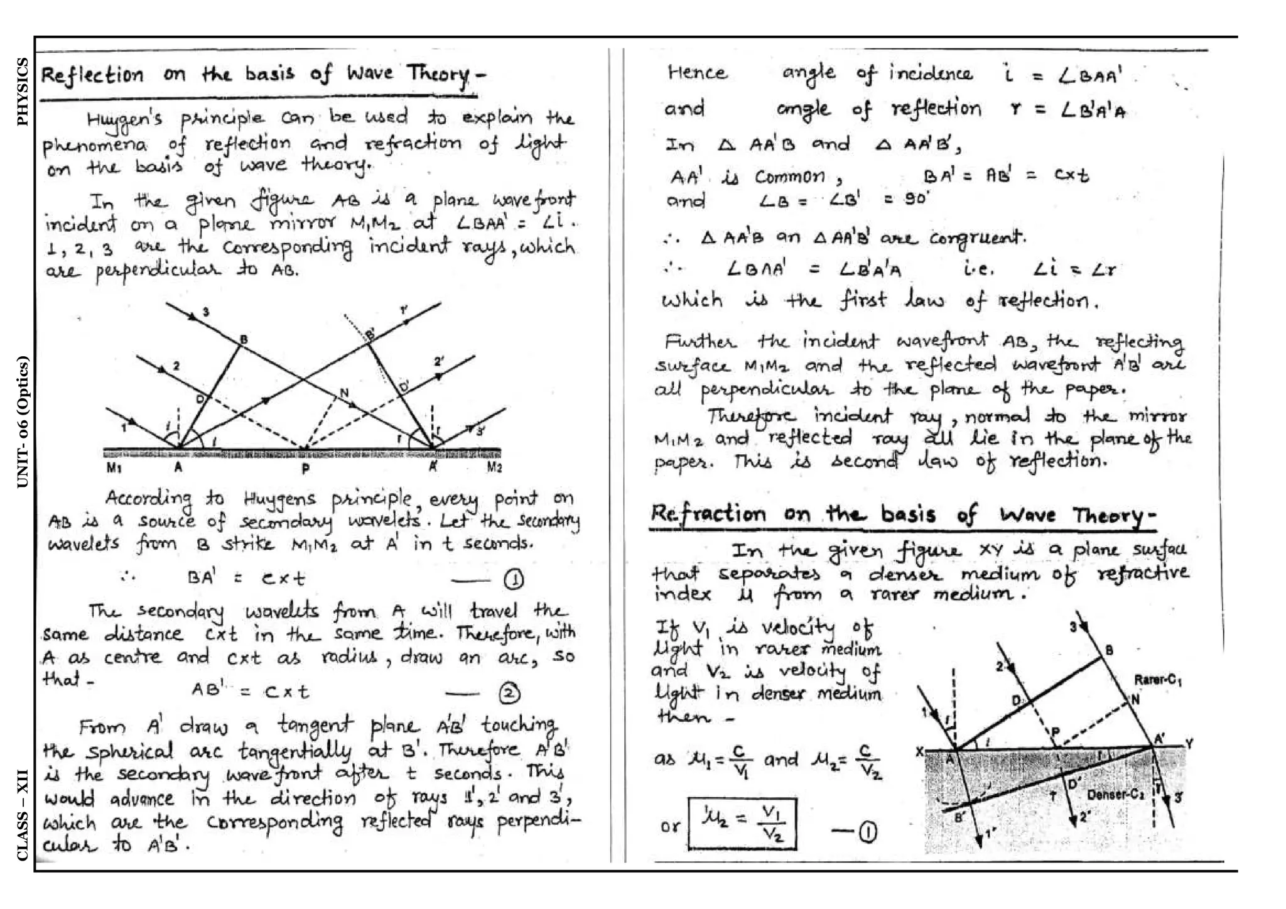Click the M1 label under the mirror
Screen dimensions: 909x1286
pyautogui.click(x=114, y=467)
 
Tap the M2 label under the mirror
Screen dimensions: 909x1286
pyautogui.click(x=494, y=467)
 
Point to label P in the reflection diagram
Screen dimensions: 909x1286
pyautogui.click(x=305, y=469)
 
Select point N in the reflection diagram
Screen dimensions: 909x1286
pyautogui.click(x=343, y=393)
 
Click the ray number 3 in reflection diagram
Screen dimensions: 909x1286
pyautogui.click(x=205, y=312)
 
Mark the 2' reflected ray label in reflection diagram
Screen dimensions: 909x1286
pyautogui.click(x=438, y=362)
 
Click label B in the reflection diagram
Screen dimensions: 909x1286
pyautogui.click(x=244, y=340)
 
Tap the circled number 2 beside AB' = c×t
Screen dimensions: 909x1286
pyautogui.click(x=509, y=693)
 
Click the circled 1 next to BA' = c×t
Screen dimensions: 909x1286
pyautogui.click(x=514, y=580)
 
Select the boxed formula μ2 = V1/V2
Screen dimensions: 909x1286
pyautogui.click(x=742, y=824)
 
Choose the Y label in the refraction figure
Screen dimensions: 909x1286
pyautogui.click(x=1189, y=744)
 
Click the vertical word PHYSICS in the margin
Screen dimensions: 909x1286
pyautogui.click(x=23, y=92)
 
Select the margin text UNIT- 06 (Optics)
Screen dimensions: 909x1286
pyautogui.click(x=23, y=422)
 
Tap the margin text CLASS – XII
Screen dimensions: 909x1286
pyautogui.click(x=23, y=815)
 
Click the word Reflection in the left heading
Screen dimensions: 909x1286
pyautogui.click(x=92, y=76)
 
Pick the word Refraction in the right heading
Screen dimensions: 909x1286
pyautogui.click(x=708, y=514)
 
